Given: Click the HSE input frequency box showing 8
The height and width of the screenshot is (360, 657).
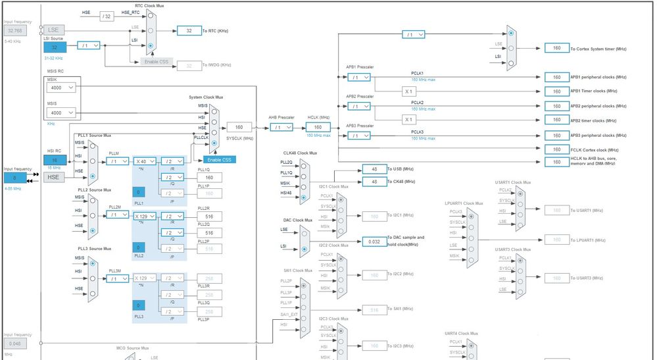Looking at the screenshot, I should (14, 177).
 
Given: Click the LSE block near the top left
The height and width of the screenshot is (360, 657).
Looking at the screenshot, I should (53, 30).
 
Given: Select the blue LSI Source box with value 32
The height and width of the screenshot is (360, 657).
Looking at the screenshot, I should (54, 47).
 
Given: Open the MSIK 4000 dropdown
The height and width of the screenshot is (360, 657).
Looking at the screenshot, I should (62, 87).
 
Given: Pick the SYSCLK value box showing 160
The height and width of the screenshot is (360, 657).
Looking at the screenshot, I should (239, 127).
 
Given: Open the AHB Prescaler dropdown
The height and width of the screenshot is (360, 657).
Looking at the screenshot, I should (281, 127).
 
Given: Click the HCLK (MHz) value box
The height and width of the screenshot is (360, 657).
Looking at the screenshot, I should (318, 127).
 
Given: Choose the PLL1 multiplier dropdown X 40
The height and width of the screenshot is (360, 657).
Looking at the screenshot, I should (145, 161).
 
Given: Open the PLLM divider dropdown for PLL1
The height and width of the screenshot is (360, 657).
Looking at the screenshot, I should (117, 161).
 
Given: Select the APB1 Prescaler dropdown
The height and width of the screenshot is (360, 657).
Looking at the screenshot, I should (358, 77).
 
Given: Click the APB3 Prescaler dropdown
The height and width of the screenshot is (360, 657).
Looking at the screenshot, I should (358, 136).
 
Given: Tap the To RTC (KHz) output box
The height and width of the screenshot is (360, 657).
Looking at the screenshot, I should (189, 30).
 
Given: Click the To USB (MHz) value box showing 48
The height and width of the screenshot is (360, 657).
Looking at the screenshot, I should (374, 169).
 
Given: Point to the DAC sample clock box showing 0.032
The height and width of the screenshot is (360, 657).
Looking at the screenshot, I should (374, 242).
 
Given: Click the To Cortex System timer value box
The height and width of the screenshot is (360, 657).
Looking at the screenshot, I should (556, 48).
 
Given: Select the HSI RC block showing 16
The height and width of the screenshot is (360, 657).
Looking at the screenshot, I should (55, 159).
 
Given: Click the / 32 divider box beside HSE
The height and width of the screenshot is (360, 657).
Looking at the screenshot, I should (107, 15).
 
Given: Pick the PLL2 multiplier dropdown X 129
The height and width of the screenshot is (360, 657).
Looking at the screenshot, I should (145, 215).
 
